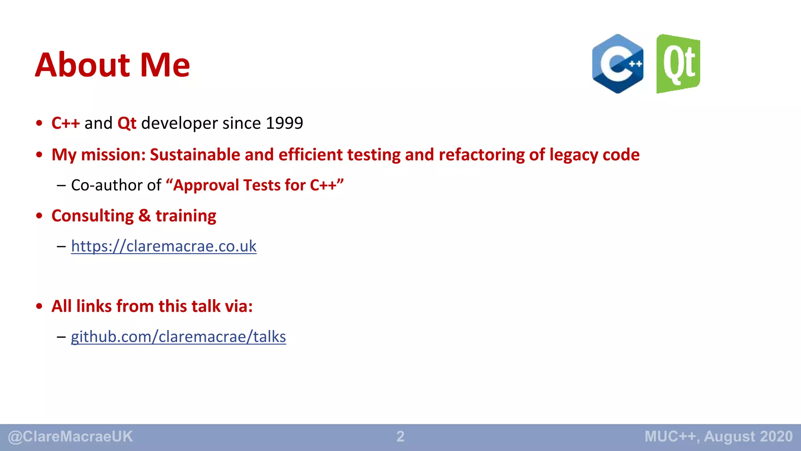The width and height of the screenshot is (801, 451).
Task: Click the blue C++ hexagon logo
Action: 618,64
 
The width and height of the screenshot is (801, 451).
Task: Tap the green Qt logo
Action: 678,64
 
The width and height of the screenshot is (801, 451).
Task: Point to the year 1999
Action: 284,123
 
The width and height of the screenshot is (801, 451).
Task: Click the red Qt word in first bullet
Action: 127,123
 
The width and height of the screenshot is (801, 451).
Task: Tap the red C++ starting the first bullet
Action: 65,123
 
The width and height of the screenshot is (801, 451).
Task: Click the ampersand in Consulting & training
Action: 144,216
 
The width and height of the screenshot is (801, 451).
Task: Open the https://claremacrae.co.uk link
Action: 163,246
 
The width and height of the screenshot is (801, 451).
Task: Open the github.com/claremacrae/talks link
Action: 178,337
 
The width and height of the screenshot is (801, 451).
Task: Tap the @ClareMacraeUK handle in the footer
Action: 70,437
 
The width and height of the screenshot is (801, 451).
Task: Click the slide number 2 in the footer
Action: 400,437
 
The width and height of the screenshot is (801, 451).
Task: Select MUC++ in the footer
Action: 670,437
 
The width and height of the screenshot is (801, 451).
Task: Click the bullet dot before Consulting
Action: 39,216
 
